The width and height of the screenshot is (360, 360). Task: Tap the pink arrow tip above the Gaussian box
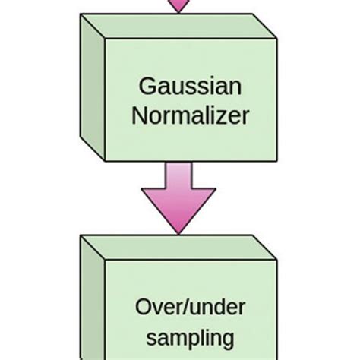tap(178, 6)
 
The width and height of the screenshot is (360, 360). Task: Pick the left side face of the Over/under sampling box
tap(92, 304)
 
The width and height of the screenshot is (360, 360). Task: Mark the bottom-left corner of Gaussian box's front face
tap(104, 161)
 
